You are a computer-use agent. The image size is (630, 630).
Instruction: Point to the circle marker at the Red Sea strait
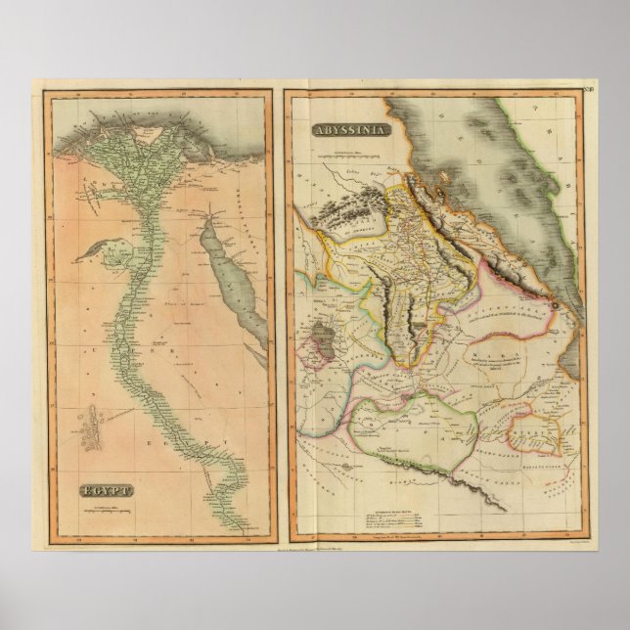pos(554,305)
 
